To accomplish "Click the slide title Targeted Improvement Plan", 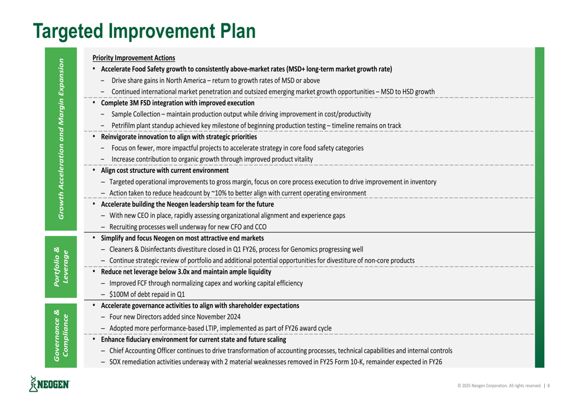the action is click(x=144, y=31).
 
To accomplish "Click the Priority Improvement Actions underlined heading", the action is click(x=134, y=58).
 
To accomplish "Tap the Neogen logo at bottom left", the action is click(x=49, y=384).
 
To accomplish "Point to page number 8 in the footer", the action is click(x=548, y=385).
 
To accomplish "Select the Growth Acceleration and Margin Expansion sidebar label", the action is click(x=61, y=139).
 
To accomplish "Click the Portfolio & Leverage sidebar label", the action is click(x=61, y=267).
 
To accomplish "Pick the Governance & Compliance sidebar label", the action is click(x=61, y=336).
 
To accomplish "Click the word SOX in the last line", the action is click(x=115, y=361).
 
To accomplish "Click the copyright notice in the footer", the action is click(x=499, y=385).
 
